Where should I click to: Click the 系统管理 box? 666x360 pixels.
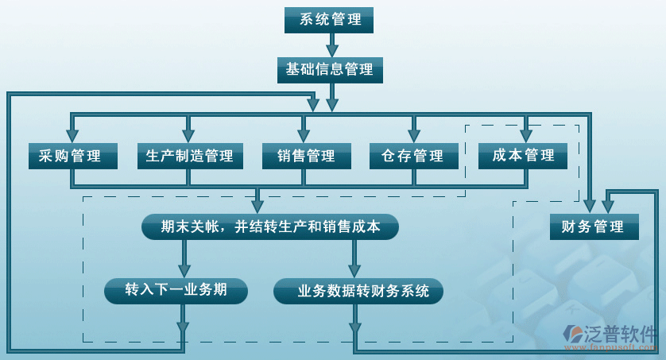328,20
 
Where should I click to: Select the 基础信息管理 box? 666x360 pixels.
330,70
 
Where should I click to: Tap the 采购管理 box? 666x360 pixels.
73,156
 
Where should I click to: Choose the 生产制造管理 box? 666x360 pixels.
189,156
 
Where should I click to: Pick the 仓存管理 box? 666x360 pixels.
414,156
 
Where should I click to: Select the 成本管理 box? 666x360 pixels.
523,156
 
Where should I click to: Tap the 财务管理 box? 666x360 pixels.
593,227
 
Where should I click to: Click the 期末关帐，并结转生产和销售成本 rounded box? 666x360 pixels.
269,227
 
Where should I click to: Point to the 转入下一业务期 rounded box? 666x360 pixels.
176,291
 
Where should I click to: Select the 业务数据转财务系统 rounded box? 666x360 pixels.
358,292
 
